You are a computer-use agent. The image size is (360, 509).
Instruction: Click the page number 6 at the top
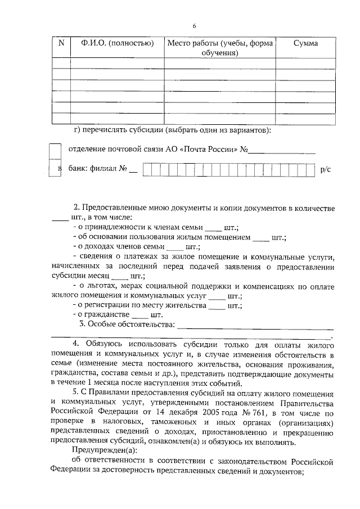point(195,26)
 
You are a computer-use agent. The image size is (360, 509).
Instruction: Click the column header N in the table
point(61,44)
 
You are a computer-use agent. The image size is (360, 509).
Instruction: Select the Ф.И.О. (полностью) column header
point(117,44)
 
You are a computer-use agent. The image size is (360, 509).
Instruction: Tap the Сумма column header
point(306,44)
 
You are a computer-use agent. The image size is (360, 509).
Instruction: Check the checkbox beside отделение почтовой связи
point(55,151)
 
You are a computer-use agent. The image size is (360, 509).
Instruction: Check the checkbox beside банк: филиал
point(55,169)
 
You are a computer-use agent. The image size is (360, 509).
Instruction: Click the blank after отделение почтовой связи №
point(282,151)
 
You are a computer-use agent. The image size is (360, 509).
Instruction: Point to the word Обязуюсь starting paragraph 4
point(105,344)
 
